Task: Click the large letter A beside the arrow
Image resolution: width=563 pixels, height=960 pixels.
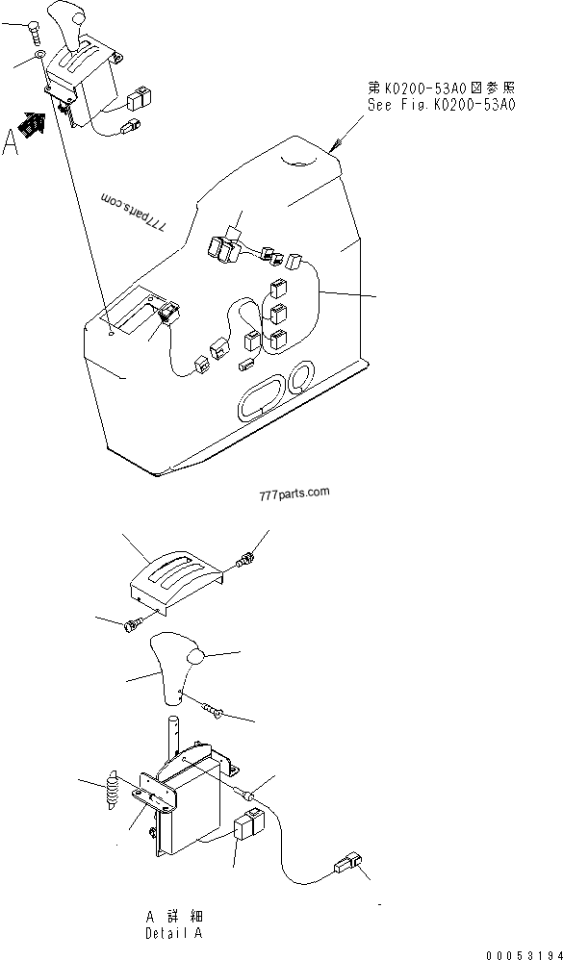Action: point(10,142)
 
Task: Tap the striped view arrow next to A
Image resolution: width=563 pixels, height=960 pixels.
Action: point(33,125)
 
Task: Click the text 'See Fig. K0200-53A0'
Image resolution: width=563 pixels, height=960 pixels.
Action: point(441,105)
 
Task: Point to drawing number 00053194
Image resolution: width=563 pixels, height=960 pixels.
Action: point(525,954)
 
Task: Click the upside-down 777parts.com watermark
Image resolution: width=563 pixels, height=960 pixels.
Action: point(134,213)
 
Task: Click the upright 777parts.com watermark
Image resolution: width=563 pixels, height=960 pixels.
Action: point(294,493)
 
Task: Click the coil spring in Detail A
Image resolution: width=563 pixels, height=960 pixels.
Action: point(112,789)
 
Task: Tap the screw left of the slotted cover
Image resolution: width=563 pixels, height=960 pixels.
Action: point(132,624)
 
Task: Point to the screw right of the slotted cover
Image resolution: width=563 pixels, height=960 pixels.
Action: point(246,559)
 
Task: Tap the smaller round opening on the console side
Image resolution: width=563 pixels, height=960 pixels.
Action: point(301,376)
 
